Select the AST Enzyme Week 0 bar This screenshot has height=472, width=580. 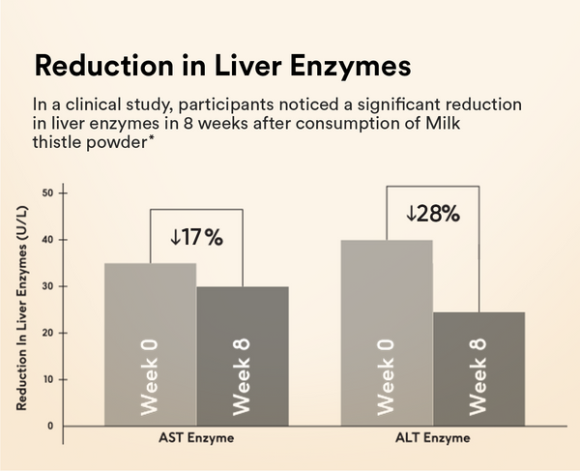click(150, 343)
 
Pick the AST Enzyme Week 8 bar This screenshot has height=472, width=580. click(243, 355)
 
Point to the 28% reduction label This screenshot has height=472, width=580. click(432, 214)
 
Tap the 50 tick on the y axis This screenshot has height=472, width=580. click(47, 193)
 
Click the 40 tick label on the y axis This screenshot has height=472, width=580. click(47, 240)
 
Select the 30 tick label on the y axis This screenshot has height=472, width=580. click(47, 286)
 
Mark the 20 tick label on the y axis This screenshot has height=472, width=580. click(47, 333)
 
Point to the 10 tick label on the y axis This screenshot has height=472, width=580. click(47, 379)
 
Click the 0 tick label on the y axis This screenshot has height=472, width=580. click(50, 426)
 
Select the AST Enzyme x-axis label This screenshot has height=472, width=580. click(196, 438)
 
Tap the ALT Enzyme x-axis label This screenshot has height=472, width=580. click(432, 438)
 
